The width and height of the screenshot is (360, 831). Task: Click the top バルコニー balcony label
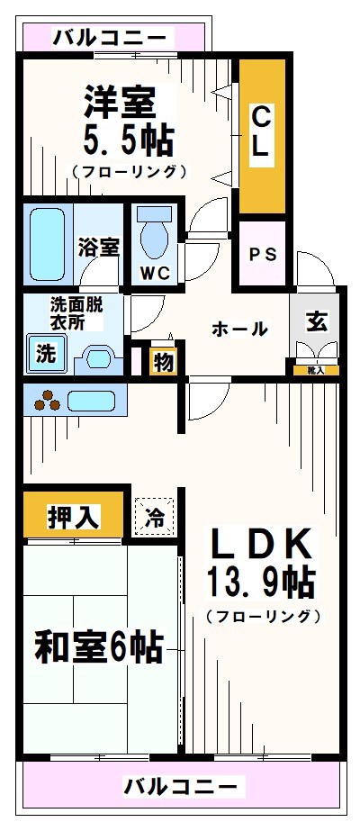109,37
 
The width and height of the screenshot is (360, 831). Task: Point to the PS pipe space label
263,254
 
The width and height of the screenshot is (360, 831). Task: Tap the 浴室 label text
98,246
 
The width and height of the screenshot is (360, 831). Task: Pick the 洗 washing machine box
44,354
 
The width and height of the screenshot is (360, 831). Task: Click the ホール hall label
239,330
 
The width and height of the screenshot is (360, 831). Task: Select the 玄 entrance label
316,322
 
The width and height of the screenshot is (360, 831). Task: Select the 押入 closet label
73,517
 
